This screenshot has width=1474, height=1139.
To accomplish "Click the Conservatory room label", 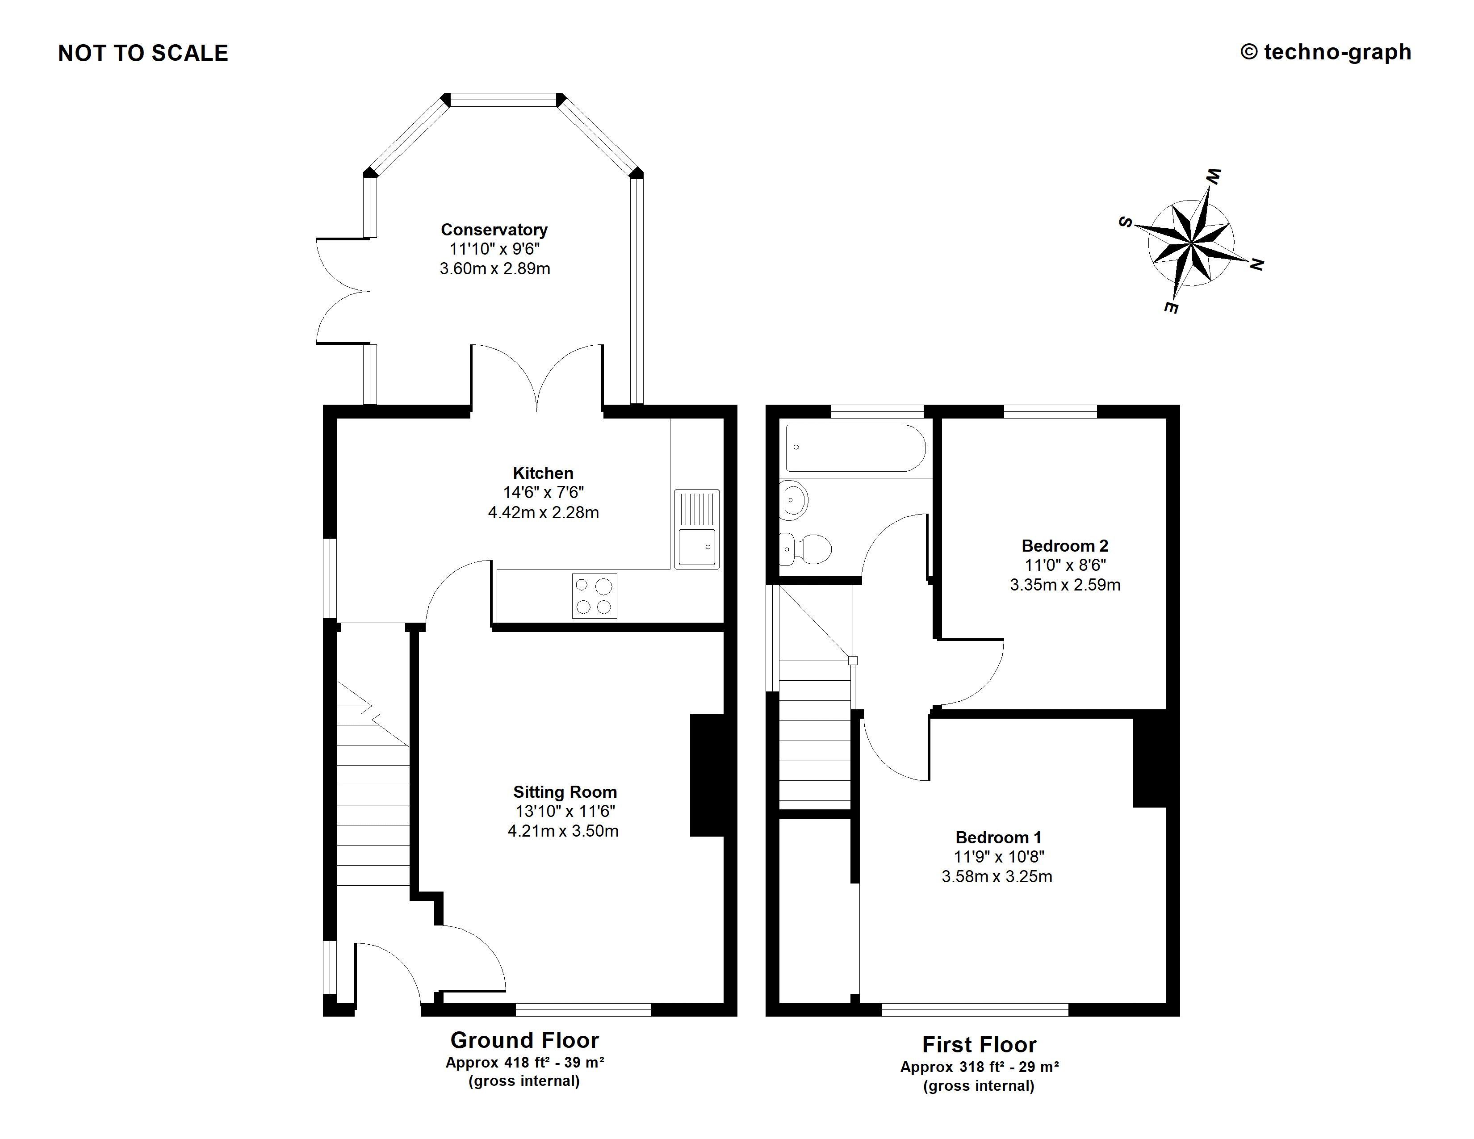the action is (494, 230).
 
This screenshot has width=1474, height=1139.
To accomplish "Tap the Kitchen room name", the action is (543, 473).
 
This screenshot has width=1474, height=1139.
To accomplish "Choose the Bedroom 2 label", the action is (1064, 545).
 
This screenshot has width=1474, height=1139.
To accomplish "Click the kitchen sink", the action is (696, 528).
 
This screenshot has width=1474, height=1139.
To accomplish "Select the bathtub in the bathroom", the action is (855, 448).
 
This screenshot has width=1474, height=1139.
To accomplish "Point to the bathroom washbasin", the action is (794, 500).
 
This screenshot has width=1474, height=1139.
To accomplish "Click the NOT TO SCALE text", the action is (143, 53).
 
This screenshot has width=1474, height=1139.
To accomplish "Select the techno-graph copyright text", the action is (1326, 52).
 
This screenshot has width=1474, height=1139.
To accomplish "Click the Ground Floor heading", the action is (524, 1040).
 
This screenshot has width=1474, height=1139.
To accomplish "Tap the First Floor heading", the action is (979, 1045).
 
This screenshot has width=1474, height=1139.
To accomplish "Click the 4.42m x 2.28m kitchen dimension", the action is (543, 512).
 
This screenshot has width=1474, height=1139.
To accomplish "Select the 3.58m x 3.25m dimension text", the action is (997, 876).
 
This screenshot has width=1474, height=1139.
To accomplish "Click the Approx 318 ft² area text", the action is (979, 1067).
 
